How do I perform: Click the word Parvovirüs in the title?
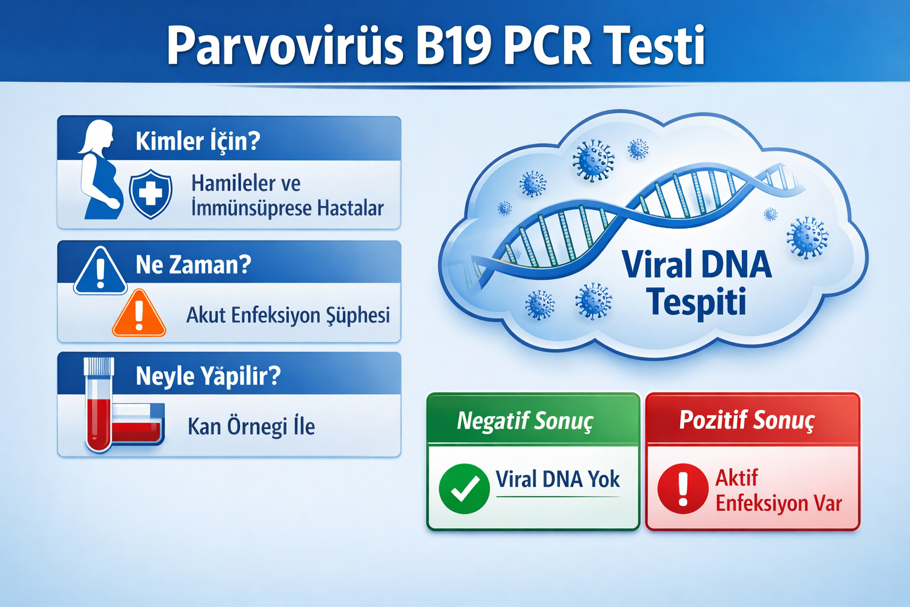(x=284, y=46)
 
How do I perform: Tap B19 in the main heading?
(x=453, y=46)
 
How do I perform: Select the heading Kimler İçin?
(x=198, y=141)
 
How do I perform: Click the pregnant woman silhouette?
(x=101, y=172)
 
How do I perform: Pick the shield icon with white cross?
(x=150, y=193)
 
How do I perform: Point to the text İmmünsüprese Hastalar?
(x=287, y=209)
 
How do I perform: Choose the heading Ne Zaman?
(x=193, y=264)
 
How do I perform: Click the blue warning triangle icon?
(x=100, y=272)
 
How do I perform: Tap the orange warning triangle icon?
(x=139, y=314)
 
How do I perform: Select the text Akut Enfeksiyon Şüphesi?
(x=288, y=315)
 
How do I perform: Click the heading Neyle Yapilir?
(x=208, y=376)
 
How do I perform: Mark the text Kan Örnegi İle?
(x=251, y=426)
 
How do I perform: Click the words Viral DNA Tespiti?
(x=697, y=283)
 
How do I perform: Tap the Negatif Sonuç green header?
(x=525, y=421)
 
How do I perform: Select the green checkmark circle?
(x=464, y=488)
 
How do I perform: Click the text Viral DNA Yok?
(x=557, y=479)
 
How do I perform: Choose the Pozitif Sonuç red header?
(x=747, y=420)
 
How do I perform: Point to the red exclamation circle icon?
(x=682, y=488)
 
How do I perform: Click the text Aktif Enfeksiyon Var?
(x=777, y=491)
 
